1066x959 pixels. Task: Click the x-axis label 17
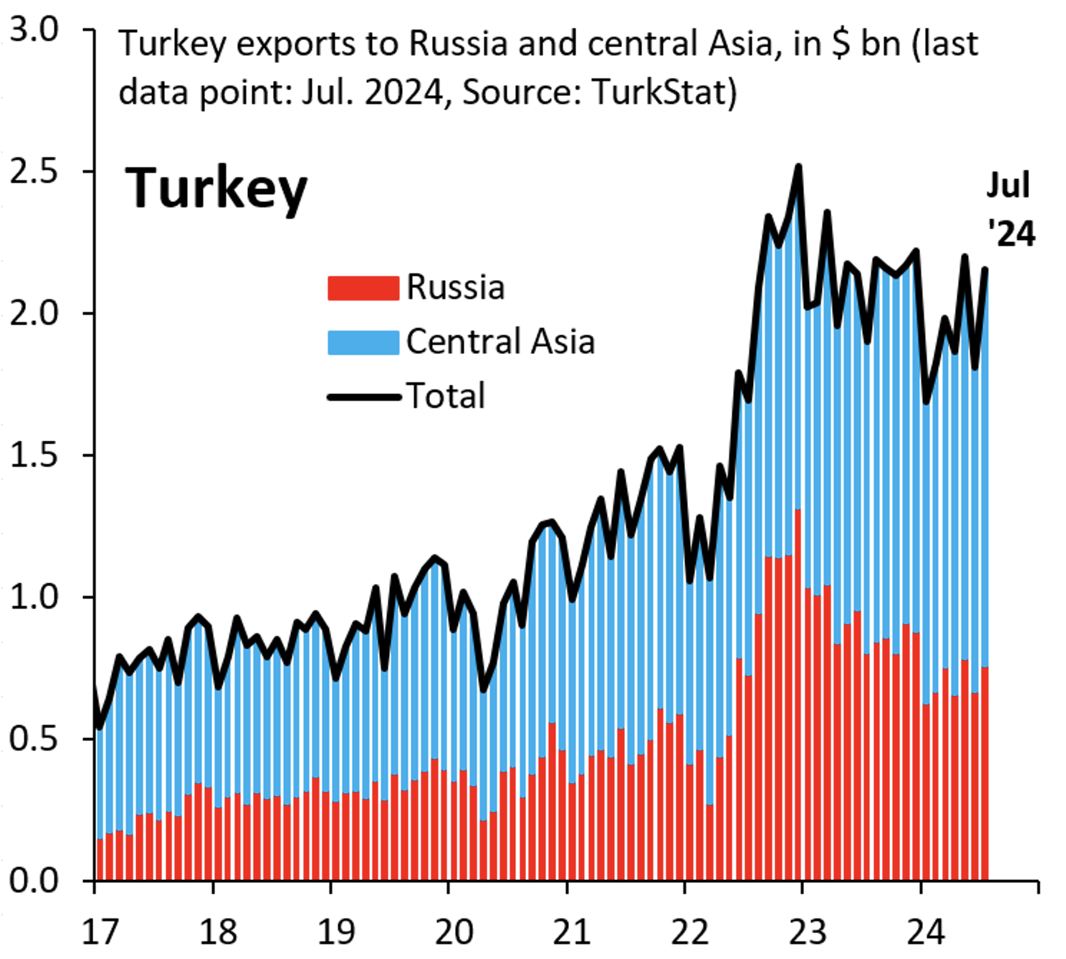[100, 932]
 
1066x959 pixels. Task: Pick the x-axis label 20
[453, 932]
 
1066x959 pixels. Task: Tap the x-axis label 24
[926, 932]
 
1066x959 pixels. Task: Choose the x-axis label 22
[690, 932]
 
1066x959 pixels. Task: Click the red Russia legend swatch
[363, 288]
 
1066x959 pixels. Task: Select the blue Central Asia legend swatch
[363, 342]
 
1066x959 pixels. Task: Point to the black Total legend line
[363, 396]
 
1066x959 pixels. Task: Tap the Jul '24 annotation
[1010, 209]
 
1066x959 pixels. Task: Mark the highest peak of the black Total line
[799, 168]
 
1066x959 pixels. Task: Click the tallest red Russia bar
[798, 695]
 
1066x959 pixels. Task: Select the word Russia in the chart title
[458, 44]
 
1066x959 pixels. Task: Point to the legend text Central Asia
[500, 342]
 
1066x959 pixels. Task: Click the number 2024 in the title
[403, 92]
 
